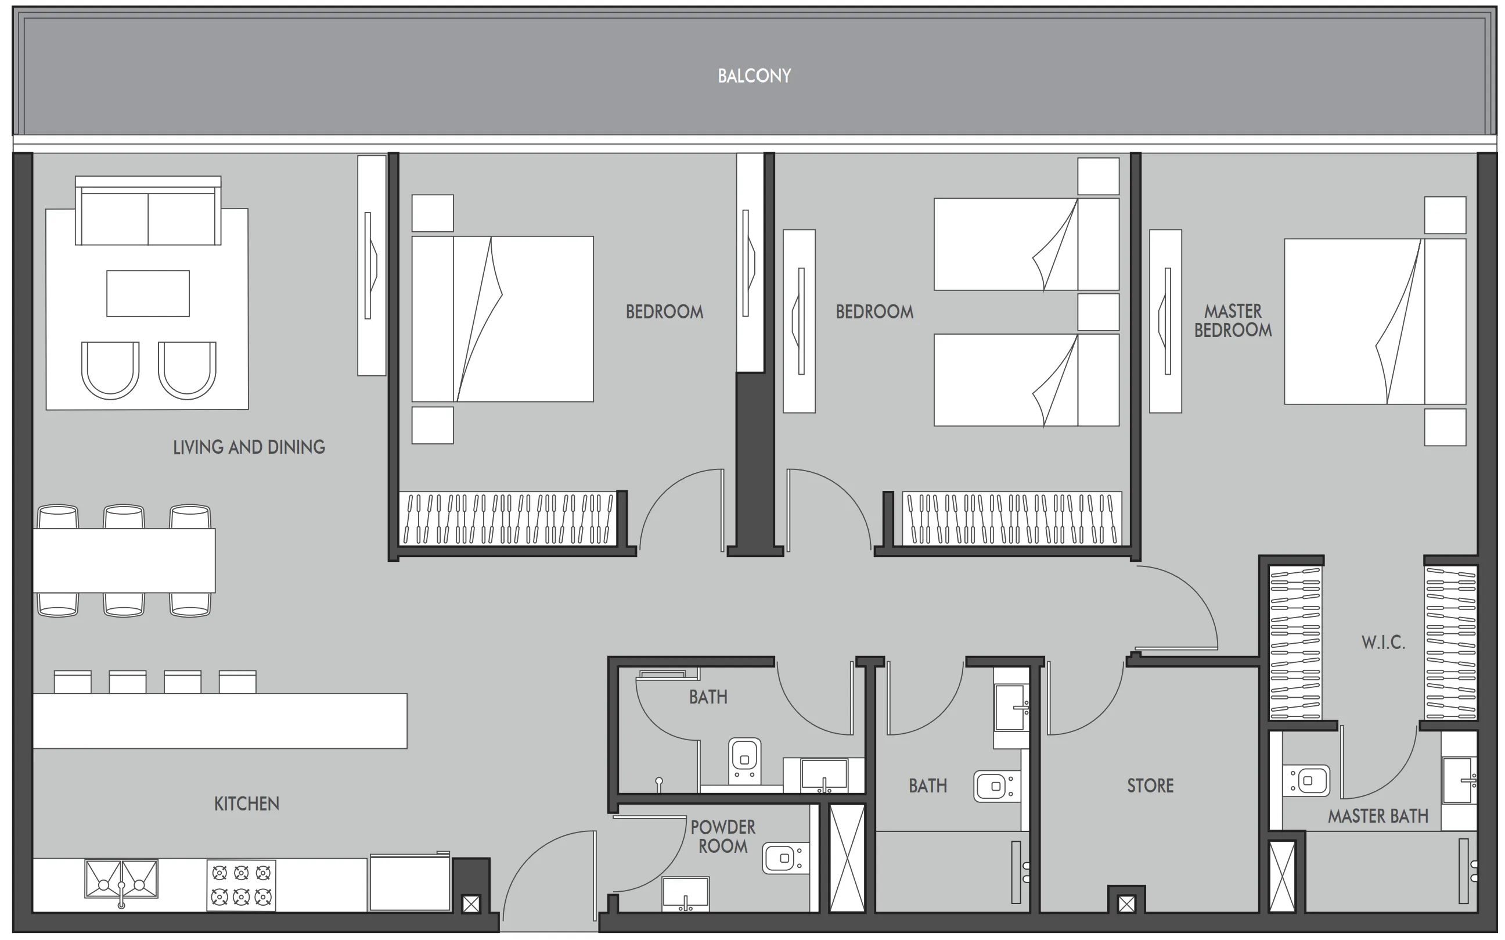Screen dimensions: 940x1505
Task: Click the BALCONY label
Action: [754, 76]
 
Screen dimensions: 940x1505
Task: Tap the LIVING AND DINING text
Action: [249, 447]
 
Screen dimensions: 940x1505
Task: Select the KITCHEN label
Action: [247, 804]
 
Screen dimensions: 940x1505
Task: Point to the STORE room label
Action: [1150, 786]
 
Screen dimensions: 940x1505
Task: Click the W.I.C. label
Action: [1382, 642]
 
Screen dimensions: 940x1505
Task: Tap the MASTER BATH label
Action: [1378, 816]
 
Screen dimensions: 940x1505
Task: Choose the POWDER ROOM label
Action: [723, 836]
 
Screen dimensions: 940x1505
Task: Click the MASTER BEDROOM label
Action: [1233, 320]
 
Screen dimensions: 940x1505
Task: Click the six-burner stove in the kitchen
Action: [241, 885]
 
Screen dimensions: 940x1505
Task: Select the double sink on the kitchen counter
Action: [121, 879]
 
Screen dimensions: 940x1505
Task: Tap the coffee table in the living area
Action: [148, 293]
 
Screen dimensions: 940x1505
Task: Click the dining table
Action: [124, 560]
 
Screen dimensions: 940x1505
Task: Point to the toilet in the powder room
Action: [785, 859]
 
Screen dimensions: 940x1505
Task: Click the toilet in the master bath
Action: [1307, 780]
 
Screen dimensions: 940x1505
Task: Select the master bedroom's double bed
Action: [1374, 321]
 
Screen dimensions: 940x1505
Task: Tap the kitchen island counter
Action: [220, 720]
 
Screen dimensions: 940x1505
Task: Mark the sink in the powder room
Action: [685, 894]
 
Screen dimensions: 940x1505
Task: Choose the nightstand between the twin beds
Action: [1098, 312]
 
